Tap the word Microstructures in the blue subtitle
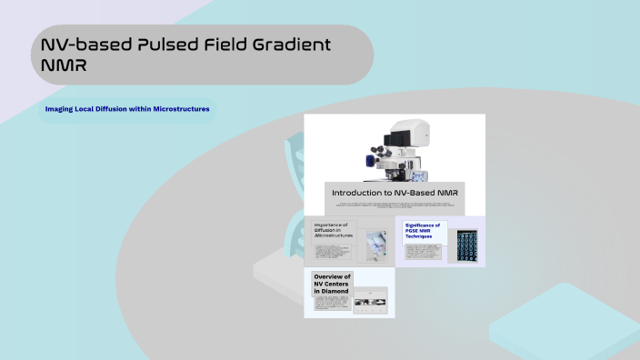pos(179,109)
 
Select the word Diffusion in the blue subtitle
pos(114,109)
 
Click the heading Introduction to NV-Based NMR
pos(395,193)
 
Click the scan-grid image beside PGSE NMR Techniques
pos(467,245)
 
